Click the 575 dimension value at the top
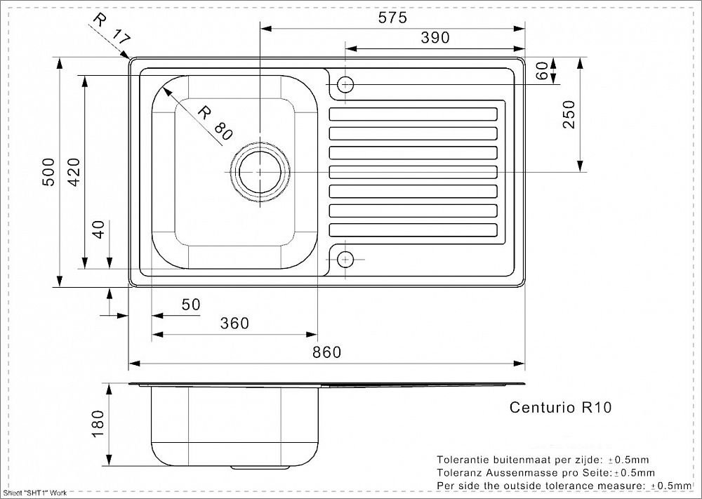click(x=392, y=18)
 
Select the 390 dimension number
click(x=435, y=38)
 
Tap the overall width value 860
click(x=327, y=352)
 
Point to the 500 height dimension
click(x=48, y=172)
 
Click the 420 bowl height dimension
click(x=74, y=172)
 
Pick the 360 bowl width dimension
click(x=234, y=323)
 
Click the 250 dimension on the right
click(x=569, y=114)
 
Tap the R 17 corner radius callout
click(x=112, y=28)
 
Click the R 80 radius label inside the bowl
click(x=215, y=122)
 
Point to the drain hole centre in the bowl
click(x=260, y=172)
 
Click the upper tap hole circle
click(x=345, y=84)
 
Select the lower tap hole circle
click(x=345, y=259)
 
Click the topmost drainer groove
click(x=413, y=114)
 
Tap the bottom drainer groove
click(x=413, y=230)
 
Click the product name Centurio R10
click(x=560, y=407)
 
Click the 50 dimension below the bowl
click(x=191, y=305)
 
